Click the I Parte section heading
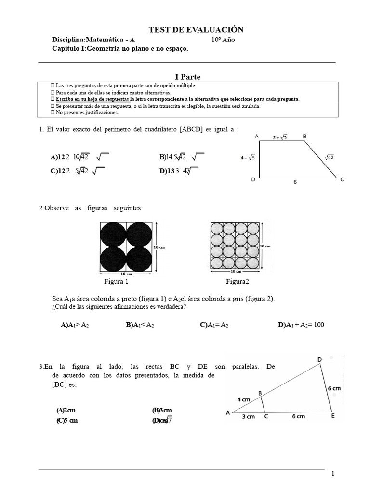coord(187,77)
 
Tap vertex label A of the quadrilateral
coord(257,137)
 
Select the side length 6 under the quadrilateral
coord(295,183)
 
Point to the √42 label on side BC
coord(330,156)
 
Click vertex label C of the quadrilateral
coord(342,179)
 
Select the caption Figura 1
coord(116,281)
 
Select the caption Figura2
coord(238,281)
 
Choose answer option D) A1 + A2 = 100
coord(301,325)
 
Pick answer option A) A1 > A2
coord(75,325)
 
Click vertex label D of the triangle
coord(319,359)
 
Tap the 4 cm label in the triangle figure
coord(243,399)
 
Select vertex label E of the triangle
coord(332,416)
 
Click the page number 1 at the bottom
coord(332,474)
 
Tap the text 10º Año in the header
coord(223,40)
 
